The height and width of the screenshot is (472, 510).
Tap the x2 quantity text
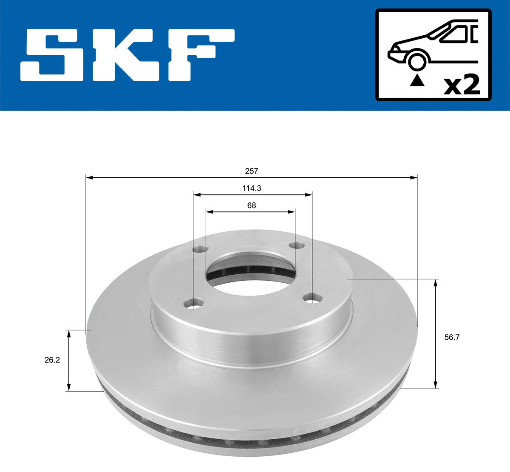462,85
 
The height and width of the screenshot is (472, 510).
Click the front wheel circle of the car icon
417,61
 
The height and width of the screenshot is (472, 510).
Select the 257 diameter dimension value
252,171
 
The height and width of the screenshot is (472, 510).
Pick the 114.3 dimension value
252,188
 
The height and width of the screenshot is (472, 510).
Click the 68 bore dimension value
252,205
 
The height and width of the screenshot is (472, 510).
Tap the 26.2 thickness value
52,360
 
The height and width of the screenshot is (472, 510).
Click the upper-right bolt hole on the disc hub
297,246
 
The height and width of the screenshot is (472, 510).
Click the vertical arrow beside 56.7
436,334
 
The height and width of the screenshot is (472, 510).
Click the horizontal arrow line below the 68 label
251,211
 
